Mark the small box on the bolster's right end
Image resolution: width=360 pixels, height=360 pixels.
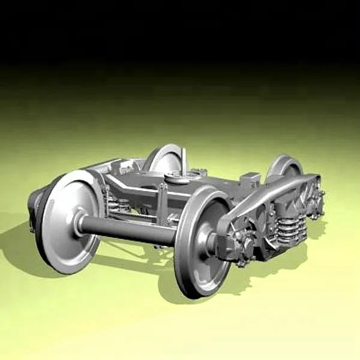pos(251,178)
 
